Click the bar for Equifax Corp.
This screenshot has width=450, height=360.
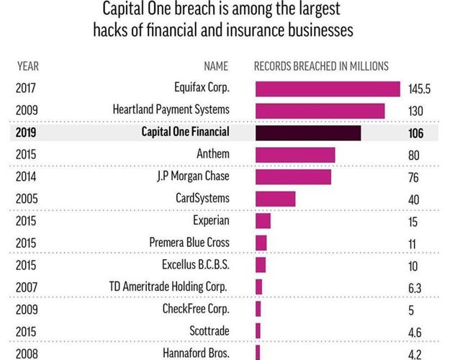pos(328,89)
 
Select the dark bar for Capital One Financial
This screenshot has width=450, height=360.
pos(308,133)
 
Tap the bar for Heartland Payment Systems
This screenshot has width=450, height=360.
pos(320,111)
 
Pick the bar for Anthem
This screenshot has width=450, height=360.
pos(295,155)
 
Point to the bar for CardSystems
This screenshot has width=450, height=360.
pos(275,199)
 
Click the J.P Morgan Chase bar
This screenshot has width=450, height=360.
pos(293,177)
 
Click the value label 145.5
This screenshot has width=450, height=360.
pos(420,89)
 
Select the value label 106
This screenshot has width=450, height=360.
pos(416,133)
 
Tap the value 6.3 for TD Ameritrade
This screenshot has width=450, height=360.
pos(415,288)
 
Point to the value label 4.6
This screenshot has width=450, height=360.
pos(415,332)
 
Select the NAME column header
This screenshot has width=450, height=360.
pos(216,66)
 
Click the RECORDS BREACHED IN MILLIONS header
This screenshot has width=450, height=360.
pos(321,66)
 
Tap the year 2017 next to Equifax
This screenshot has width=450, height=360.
pos(25,89)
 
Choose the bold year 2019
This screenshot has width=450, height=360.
pos(25,133)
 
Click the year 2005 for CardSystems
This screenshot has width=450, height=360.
pos(26,199)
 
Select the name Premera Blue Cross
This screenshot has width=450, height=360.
pos(189,243)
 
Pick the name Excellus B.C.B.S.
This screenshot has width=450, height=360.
pos(195,265)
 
